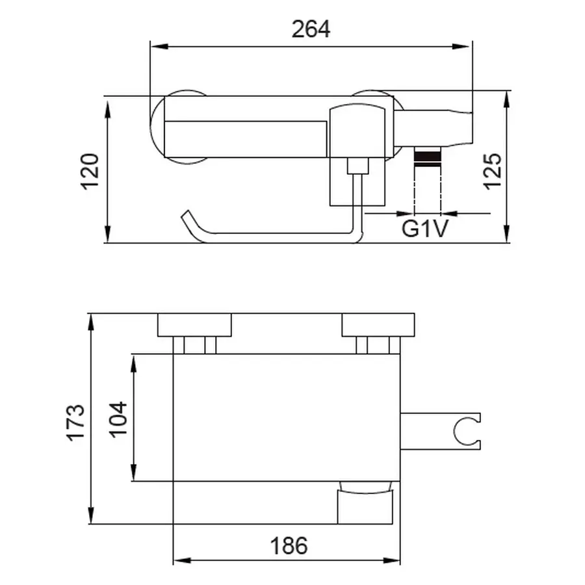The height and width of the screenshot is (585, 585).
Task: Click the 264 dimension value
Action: [311, 29]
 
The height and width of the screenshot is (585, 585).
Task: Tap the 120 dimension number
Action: [90, 171]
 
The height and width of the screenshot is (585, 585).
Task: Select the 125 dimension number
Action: [492, 171]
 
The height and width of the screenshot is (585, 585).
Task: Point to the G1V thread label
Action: [425, 228]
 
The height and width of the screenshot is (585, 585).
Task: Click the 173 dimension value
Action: [76, 422]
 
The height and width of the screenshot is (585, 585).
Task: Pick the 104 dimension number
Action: [118, 419]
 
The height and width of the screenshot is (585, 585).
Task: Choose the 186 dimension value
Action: [289, 546]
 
